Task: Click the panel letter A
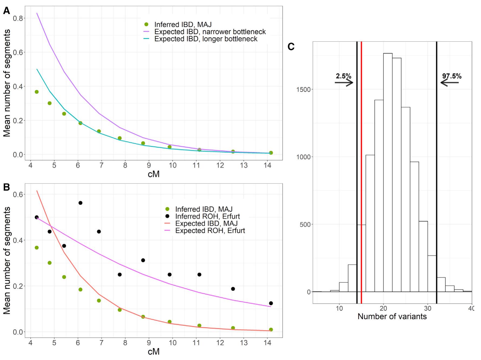[x=6, y=11]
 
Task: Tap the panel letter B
[x=6, y=187]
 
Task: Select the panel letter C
[x=291, y=47]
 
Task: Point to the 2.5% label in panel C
[x=343, y=76]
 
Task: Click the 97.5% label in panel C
[x=452, y=76]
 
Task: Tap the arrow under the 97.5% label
[x=449, y=82]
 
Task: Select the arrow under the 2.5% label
[x=344, y=82]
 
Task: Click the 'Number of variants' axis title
[x=392, y=316]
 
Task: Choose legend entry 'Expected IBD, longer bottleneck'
[x=206, y=39]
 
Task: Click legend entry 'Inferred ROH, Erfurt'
[x=208, y=216]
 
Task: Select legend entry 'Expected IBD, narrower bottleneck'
[x=210, y=32]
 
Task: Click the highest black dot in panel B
[x=80, y=203]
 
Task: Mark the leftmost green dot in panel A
[x=36, y=92]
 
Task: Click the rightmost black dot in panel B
[x=271, y=303]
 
